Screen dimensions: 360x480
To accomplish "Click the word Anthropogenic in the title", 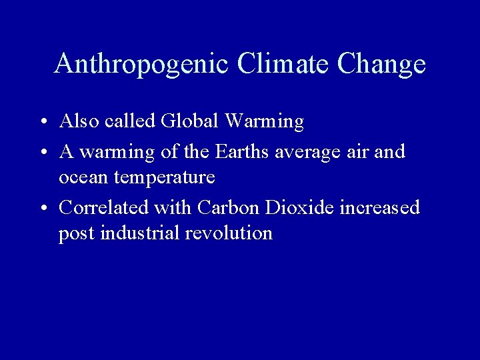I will [x=141, y=64].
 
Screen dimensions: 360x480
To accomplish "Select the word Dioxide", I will [x=299, y=207].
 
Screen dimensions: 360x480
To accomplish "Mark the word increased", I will [x=380, y=207].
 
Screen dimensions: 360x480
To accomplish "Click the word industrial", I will [x=140, y=233].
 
